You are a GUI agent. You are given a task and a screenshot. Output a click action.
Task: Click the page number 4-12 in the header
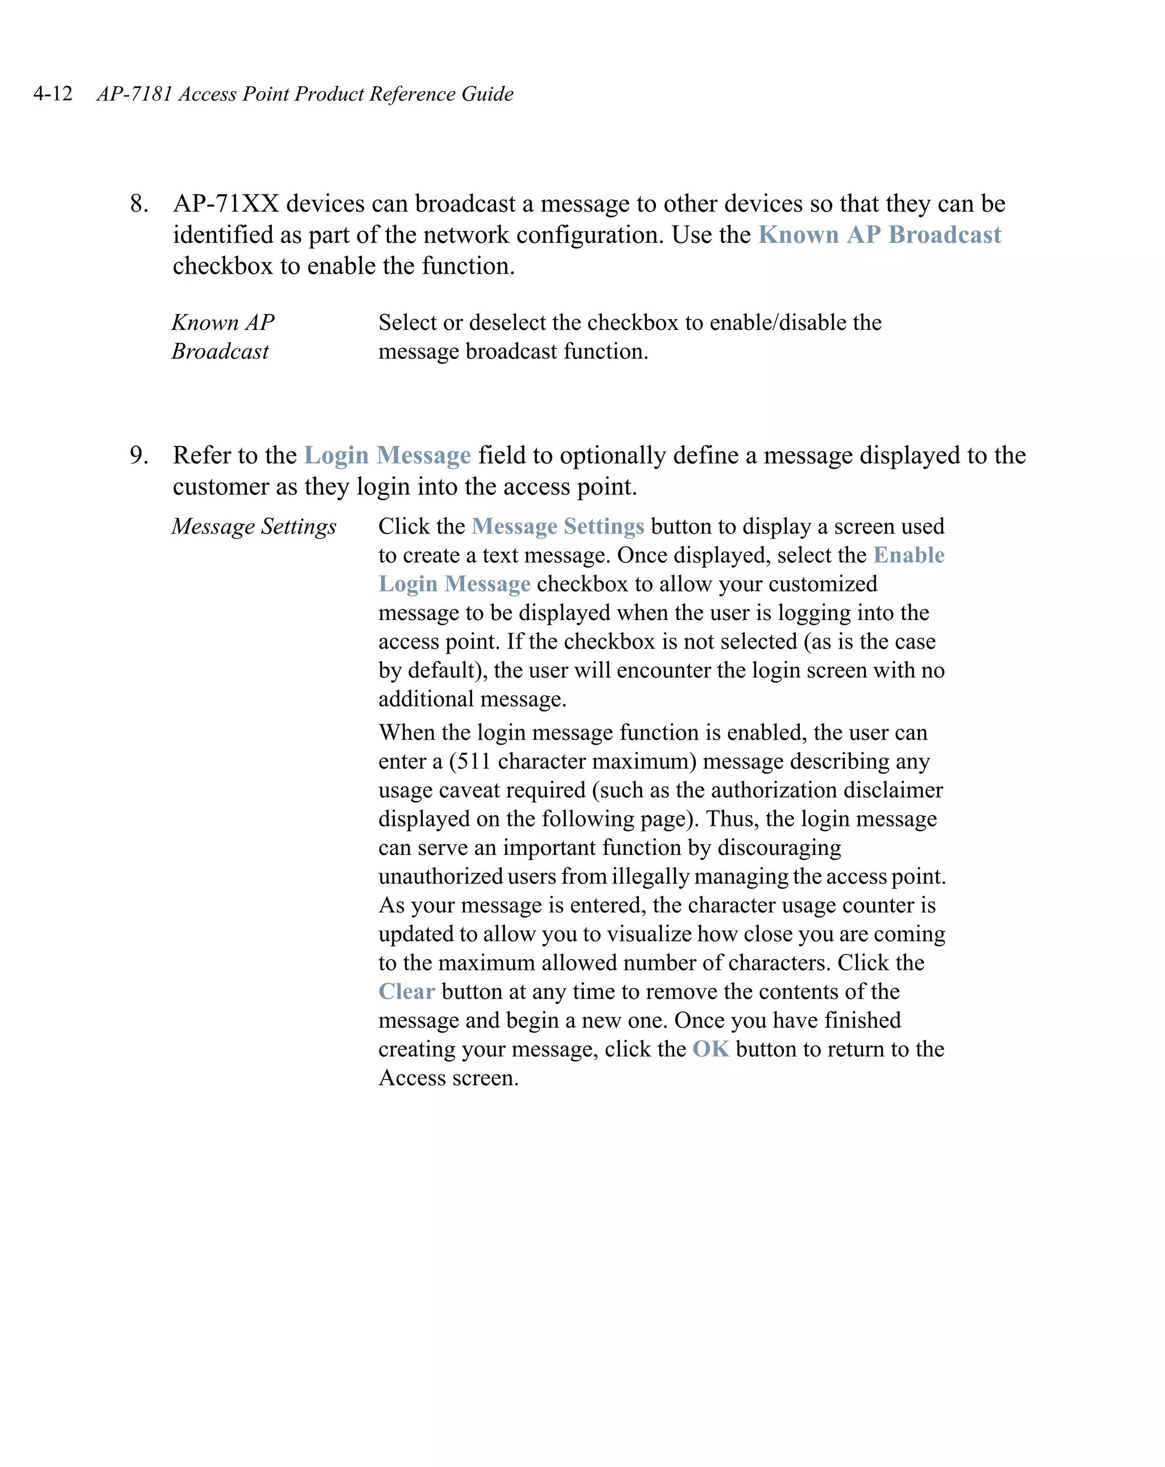click(x=53, y=93)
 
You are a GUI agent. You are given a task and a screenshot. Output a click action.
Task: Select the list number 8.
click(x=139, y=204)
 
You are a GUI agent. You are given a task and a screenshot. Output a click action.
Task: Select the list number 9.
click(x=139, y=455)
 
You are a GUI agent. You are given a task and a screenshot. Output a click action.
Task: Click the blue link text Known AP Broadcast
click(x=879, y=235)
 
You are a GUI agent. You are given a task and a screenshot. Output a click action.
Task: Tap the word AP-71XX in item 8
click(x=226, y=204)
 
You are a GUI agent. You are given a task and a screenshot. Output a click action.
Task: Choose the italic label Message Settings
click(x=254, y=526)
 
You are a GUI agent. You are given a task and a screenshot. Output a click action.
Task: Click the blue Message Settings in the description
click(x=558, y=526)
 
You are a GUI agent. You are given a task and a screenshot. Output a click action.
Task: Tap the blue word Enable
click(x=908, y=555)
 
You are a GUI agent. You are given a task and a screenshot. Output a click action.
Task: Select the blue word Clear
click(x=406, y=991)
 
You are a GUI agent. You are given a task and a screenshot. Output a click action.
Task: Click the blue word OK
click(x=710, y=1048)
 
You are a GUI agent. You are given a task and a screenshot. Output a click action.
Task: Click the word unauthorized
click(x=440, y=876)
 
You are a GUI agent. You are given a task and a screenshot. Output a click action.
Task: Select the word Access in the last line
click(x=411, y=1078)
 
